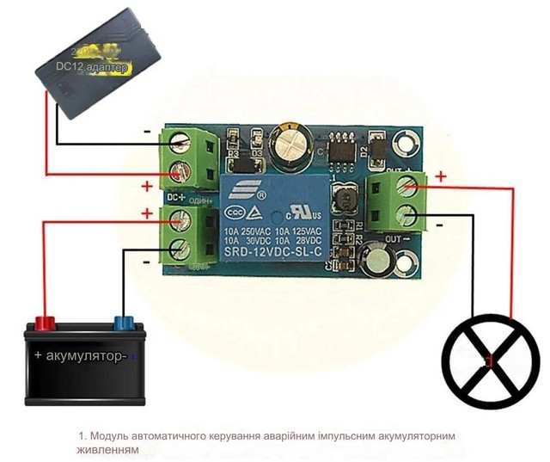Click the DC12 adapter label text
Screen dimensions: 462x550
95,66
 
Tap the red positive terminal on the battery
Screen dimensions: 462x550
44,323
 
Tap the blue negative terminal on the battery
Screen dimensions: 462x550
122,323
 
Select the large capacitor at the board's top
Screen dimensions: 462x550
290,143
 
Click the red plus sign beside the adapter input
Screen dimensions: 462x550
146,186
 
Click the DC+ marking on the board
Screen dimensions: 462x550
175,198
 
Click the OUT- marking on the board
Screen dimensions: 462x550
394,237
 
